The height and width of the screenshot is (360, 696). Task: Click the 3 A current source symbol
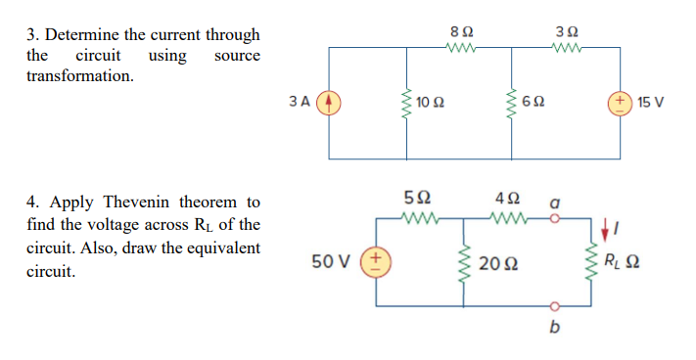coord(329,102)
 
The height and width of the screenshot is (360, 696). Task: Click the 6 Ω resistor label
coord(534,102)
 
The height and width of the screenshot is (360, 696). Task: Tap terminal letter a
coord(555,203)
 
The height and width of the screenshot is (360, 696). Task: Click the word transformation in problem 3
coord(80,75)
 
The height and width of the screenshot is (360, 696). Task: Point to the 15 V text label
coord(650,102)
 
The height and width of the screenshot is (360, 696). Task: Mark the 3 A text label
coord(301,102)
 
